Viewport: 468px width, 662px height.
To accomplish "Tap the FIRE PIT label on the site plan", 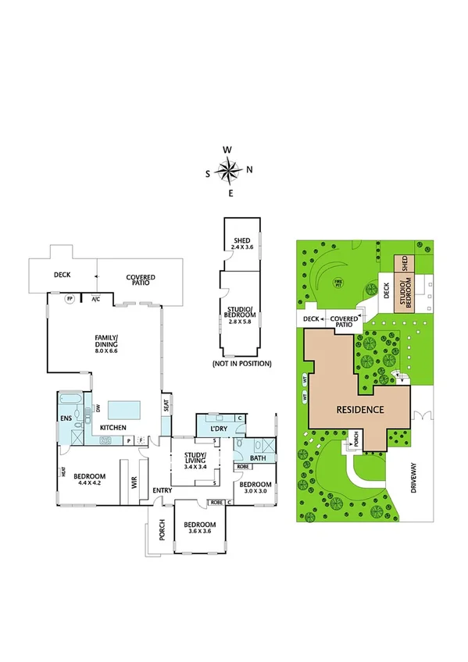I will [x=338, y=281].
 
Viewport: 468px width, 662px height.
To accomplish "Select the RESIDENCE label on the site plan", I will [x=360, y=409].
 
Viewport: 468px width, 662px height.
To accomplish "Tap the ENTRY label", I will [x=163, y=490].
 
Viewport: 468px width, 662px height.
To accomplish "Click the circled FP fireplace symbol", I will [x=70, y=299].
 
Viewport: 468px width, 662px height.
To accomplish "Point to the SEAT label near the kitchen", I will [x=166, y=405].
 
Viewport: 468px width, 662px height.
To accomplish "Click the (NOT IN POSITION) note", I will [x=241, y=364].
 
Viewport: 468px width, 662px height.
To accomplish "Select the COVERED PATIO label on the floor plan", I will [x=141, y=279].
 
